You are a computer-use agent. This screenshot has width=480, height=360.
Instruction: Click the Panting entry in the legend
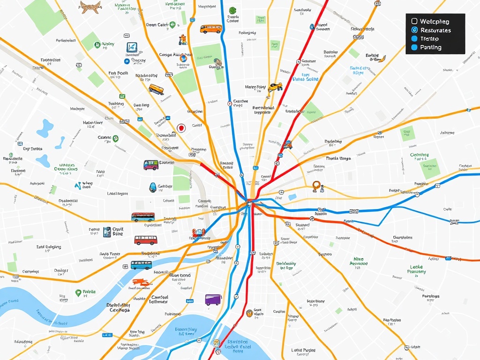[430, 47]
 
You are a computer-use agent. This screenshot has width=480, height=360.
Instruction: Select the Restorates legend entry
[430, 30]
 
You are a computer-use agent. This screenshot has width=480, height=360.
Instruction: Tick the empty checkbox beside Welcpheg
[414, 21]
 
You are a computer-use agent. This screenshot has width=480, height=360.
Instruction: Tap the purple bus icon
[213, 300]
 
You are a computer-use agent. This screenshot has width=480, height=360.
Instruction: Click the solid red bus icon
[145, 240]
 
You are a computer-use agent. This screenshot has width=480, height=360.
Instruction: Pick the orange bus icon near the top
[211, 29]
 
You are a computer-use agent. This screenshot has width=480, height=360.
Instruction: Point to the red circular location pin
[181, 127]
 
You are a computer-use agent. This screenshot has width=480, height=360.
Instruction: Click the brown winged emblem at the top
[90, 6]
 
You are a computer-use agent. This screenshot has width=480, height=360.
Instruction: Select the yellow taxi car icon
[275, 87]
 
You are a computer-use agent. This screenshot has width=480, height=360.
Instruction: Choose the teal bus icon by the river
[141, 265]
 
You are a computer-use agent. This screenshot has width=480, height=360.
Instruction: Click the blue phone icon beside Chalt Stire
[107, 232]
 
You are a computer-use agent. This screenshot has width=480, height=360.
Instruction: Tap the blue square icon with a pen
[132, 47]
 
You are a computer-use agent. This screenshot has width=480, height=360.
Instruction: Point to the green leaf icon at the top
[232, 11]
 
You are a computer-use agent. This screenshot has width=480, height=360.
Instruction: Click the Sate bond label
[180, 275]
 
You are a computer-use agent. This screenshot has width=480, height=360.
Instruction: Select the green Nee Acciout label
[358, 261]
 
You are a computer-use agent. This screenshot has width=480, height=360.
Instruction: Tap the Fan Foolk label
[118, 73]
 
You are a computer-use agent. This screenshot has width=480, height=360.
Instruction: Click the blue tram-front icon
[153, 187]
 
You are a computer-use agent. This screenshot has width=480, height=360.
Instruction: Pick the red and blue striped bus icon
[143, 217]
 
